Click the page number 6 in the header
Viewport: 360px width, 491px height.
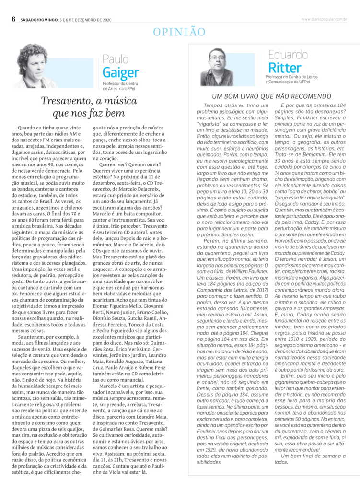tap(14, 19)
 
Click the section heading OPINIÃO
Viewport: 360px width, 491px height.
tap(179, 32)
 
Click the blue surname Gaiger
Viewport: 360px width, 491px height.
tap(120, 72)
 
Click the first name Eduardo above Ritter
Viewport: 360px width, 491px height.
tap(288, 54)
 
